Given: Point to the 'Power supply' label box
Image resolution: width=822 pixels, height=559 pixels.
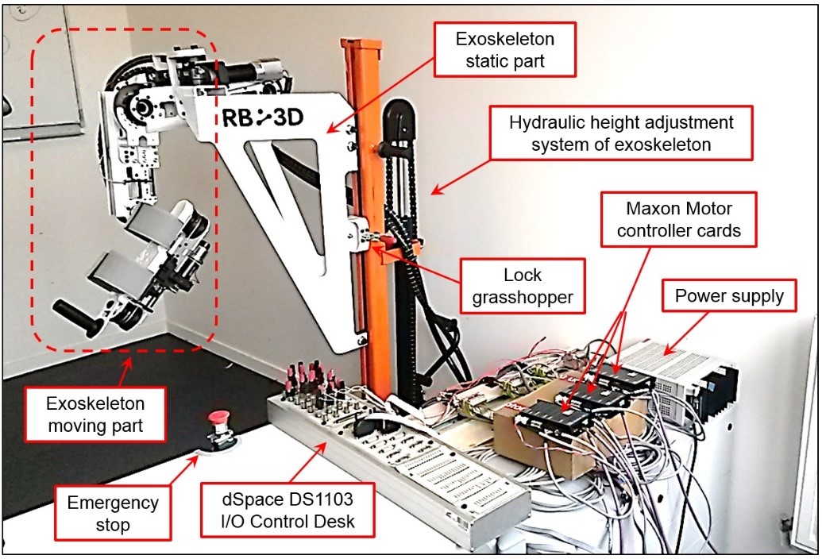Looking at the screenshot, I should pos(730,296).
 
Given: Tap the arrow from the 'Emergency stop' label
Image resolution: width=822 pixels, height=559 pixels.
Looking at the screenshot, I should pos(183,466).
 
